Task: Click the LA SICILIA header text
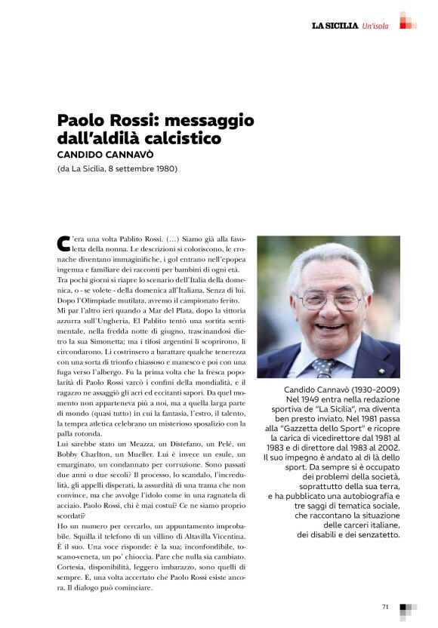coord(335,26)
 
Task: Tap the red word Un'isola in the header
coord(375,26)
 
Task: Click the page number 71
coord(385,606)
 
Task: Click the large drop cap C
coord(63,242)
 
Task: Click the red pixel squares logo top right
coord(407,21)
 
